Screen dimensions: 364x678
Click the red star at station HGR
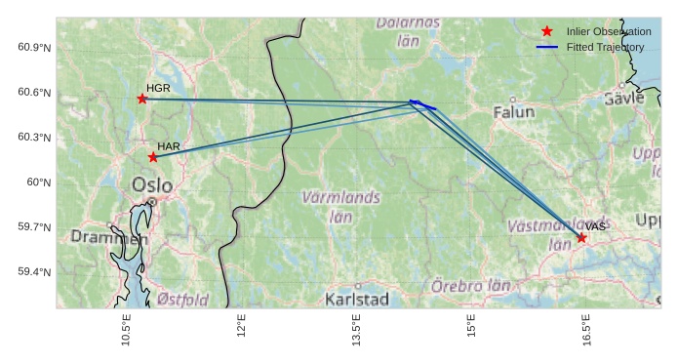(x=142, y=99)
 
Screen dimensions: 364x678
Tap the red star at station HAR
(x=153, y=157)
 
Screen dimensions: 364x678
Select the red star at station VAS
(x=581, y=238)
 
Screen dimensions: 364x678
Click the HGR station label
(x=159, y=88)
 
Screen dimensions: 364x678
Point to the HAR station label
(x=169, y=146)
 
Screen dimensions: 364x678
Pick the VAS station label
(x=596, y=226)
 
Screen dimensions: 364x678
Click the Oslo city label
(x=152, y=185)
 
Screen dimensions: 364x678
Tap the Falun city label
(x=514, y=112)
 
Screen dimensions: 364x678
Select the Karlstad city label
(x=358, y=298)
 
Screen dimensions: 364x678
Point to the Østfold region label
(x=182, y=299)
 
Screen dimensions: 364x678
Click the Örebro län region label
(x=471, y=287)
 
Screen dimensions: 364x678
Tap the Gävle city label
(x=624, y=99)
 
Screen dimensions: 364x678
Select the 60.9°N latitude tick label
(x=33, y=48)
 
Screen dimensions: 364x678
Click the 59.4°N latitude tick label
(x=33, y=271)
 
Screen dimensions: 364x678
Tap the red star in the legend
(x=546, y=32)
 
